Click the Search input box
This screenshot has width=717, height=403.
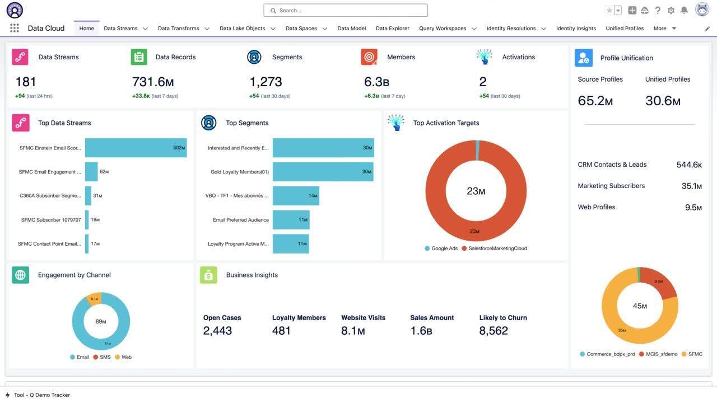346,10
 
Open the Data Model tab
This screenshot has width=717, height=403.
351,29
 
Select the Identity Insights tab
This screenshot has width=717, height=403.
576,29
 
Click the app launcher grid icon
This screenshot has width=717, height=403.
15,29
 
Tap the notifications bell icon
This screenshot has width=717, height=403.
684,10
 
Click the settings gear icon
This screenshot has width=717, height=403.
671,10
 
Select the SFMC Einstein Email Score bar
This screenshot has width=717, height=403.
136,148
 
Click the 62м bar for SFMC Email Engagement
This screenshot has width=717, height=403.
91,172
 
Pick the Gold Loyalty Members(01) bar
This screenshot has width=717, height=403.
323,172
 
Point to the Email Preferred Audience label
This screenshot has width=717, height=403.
241,220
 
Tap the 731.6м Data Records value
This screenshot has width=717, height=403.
153,82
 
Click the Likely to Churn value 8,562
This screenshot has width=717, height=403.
493,331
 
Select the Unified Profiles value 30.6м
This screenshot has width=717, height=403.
663,101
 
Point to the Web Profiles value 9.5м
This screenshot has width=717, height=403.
693,208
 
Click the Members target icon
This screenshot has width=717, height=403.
369,57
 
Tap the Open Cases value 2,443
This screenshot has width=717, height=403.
217,331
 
